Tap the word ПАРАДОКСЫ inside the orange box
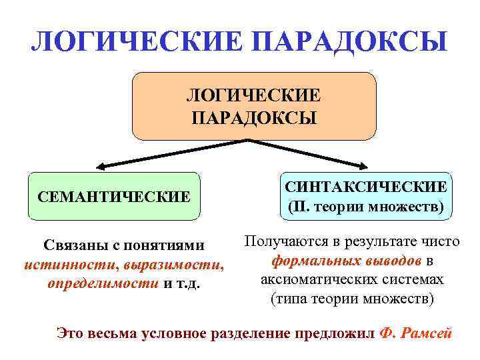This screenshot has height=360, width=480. [x=254, y=118]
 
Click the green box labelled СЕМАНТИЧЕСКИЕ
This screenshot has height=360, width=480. [x=114, y=197]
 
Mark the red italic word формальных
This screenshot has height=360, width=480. [x=313, y=259]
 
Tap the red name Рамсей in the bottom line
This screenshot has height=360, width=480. [x=428, y=333]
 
